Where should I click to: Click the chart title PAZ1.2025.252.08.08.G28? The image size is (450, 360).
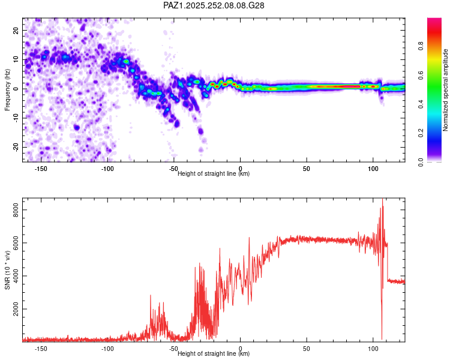[214, 5]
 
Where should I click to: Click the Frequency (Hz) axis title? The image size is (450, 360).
[7, 89]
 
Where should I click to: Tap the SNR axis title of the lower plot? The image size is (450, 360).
[7, 273]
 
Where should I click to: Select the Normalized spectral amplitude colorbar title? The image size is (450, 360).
[445, 90]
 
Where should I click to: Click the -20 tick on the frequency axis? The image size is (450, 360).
[16, 147]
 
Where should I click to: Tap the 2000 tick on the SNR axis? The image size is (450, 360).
[12, 309]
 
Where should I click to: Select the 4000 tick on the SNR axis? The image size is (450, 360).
[12, 276]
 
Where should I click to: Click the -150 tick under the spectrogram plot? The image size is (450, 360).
[41, 169]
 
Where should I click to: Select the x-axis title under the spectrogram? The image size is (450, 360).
[214, 174]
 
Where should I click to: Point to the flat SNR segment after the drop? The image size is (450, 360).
[396, 281]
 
